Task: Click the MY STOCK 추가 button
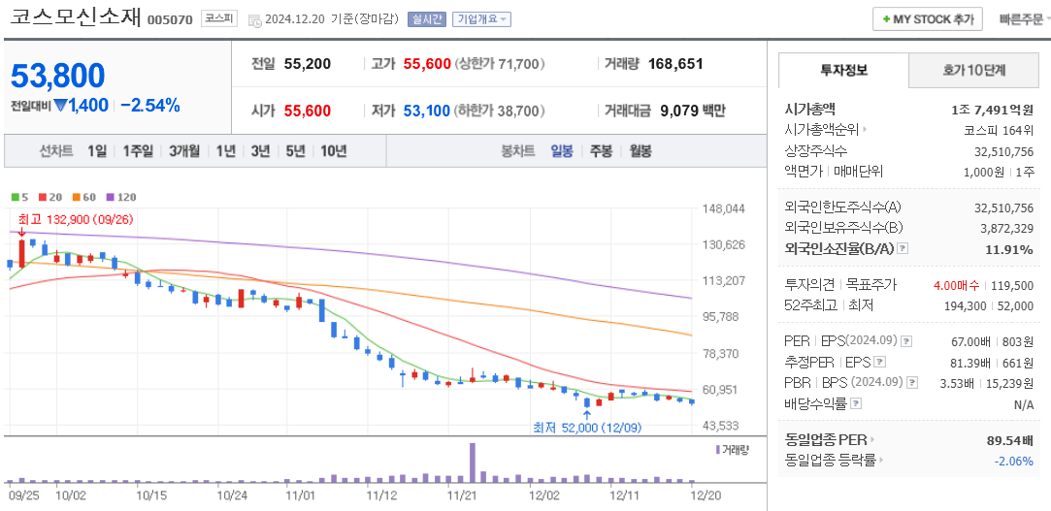click(x=927, y=19)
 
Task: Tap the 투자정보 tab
click(x=843, y=71)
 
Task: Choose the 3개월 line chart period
click(x=183, y=151)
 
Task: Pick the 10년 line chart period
click(x=333, y=151)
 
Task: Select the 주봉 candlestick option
click(x=601, y=151)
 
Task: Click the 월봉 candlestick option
click(x=640, y=151)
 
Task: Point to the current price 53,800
click(x=58, y=75)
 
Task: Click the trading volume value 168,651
click(x=674, y=64)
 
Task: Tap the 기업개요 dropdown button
click(x=481, y=19)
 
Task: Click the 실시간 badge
click(x=427, y=19)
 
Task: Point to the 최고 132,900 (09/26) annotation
click(x=76, y=220)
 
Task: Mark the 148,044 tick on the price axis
click(x=723, y=208)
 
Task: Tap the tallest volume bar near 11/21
click(x=473, y=462)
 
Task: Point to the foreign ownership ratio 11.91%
click(x=1009, y=249)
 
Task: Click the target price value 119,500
click(x=1011, y=285)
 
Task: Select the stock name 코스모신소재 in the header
click(x=76, y=17)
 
